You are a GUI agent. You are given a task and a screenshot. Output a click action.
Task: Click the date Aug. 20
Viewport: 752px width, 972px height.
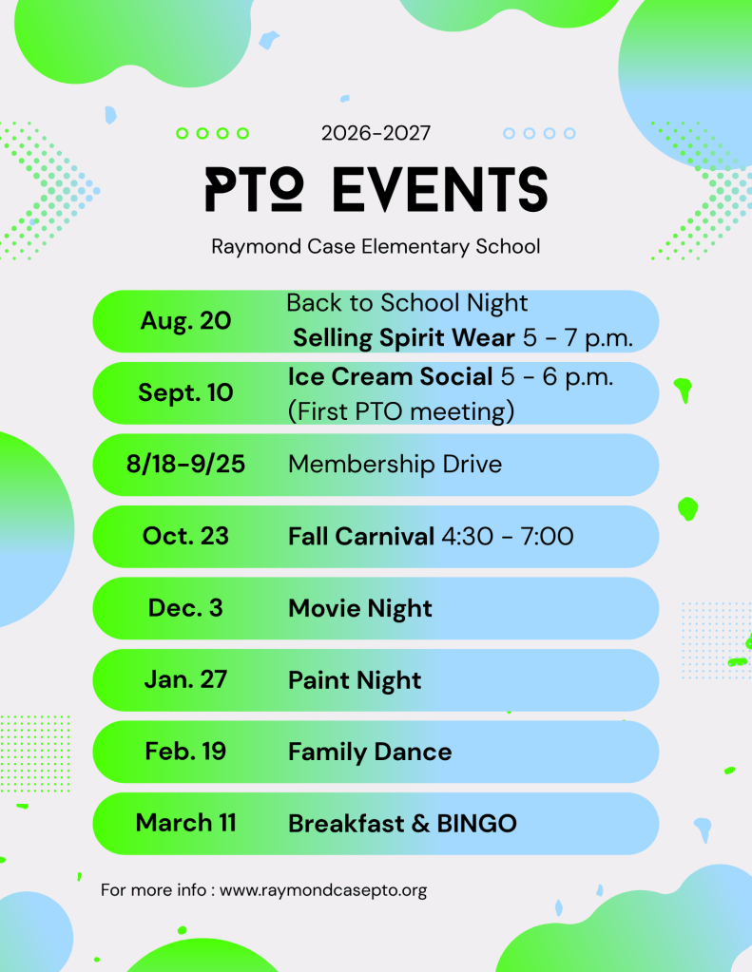click(185, 321)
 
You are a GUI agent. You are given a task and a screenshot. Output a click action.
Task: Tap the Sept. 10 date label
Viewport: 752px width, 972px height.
click(185, 392)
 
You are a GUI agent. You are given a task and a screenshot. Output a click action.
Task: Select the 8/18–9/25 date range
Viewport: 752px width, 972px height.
click(185, 464)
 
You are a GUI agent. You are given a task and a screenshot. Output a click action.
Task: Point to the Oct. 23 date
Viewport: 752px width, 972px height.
click(185, 536)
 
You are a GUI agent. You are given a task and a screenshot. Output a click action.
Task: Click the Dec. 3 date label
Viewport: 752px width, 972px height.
click(185, 607)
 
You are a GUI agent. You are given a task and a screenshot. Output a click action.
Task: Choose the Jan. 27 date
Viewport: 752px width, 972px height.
click(185, 679)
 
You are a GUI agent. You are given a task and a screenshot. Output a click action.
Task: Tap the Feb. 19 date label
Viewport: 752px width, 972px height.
click(185, 752)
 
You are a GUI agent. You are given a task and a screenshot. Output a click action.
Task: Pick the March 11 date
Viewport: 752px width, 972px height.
click(185, 823)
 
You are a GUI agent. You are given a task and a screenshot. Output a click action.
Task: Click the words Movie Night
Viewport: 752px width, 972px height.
click(360, 609)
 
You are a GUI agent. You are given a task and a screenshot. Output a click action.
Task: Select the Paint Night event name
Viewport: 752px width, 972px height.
click(355, 680)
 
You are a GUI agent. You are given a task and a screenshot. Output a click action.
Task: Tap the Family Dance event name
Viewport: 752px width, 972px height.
click(370, 752)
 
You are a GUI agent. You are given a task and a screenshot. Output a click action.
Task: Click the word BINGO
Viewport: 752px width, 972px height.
click(476, 823)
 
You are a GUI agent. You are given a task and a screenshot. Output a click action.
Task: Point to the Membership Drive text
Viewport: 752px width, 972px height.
click(395, 465)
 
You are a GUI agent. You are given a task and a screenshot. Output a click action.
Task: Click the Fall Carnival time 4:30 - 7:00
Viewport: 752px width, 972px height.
click(508, 536)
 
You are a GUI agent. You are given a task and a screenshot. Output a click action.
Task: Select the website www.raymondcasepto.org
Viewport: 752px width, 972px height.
click(323, 891)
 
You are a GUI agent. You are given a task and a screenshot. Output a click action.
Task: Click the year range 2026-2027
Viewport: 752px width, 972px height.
click(376, 133)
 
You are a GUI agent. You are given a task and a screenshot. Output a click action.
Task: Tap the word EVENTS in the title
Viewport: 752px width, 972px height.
click(440, 189)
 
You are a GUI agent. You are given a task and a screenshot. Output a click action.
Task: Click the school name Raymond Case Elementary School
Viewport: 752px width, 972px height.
click(376, 247)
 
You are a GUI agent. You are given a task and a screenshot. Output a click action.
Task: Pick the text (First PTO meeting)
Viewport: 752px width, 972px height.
click(401, 411)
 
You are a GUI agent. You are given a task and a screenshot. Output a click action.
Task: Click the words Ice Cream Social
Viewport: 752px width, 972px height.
click(391, 376)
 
